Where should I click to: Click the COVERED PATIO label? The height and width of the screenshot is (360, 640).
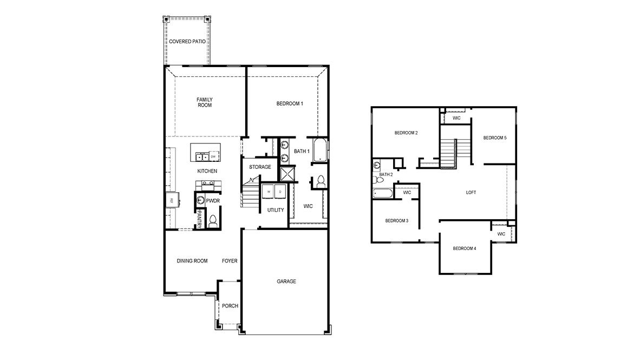pyautogui.click(x=187, y=41)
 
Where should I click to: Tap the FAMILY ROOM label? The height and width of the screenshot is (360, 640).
pyautogui.click(x=204, y=102)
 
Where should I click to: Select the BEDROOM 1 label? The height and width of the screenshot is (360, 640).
pyautogui.click(x=290, y=103)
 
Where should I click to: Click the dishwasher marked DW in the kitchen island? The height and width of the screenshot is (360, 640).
pyautogui.click(x=213, y=157)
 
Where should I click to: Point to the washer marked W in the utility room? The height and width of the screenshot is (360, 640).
pyautogui.click(x=269, y=191)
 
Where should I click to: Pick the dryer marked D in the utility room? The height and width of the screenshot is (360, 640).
pyautogui.click(x=280, y=191)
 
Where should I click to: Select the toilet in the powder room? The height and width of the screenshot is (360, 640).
pyautogui.click(x=213, y=221)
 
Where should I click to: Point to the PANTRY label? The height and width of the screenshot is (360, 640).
pyautogui.click(x=199, y=220)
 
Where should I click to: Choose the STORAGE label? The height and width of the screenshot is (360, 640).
pyautogui.click(x=260, y=167)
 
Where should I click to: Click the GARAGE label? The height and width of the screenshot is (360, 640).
pyautogui.click(x=286, y=281)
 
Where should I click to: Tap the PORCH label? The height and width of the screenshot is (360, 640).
pyautogui.click(x=230, y=306)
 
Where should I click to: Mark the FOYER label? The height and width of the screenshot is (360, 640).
pyautogui.click(x=230, y=261)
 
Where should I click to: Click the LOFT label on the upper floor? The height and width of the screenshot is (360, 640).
pyautogui.click(x=471, y=192)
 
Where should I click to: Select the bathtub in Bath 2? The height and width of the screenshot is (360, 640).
pyautogui.click(x=382, y=193)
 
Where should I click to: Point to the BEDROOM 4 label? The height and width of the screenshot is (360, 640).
pyautogui.click(x=465, y=248)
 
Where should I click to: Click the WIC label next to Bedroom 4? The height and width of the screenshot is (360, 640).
pyautogui.click(x=501, y=234)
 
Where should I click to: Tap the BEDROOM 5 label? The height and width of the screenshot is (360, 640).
pyautogui.click(x=495, y=138)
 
